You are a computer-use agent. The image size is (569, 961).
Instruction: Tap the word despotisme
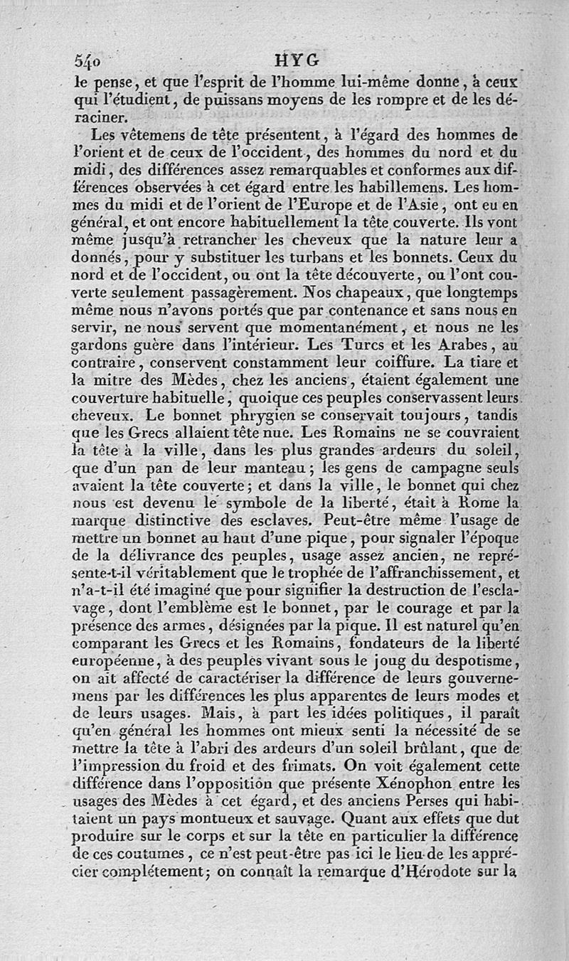coord(460,663)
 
